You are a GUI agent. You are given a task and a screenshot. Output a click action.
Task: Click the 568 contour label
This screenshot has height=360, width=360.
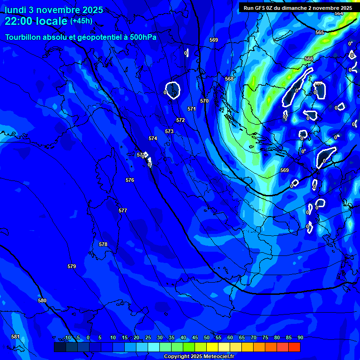(229, 79)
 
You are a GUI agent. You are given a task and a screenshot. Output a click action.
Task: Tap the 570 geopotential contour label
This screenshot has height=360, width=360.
(204, 101)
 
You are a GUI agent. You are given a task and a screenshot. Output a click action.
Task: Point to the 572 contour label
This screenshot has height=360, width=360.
(180, 120)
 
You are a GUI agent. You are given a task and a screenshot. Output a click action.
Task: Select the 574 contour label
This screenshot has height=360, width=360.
(153, 138)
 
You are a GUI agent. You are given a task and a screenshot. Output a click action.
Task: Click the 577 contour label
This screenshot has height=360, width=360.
(123, 210)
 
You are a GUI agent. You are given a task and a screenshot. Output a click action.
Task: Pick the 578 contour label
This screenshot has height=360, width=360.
(103, 244)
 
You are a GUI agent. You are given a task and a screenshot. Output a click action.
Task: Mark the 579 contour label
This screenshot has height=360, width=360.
(72, 266)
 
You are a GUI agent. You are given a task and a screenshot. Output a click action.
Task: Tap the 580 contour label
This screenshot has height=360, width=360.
(42, 300)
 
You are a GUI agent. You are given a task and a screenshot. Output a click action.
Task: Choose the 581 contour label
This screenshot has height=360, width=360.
(15, 337)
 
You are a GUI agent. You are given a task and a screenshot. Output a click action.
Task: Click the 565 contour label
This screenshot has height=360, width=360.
(320, 32)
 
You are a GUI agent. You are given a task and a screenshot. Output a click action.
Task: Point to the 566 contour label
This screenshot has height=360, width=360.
(309, 59)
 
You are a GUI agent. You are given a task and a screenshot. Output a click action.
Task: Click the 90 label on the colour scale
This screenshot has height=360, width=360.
(300, 337)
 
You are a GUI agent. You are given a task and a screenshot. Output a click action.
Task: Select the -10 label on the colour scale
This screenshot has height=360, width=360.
(67, 337)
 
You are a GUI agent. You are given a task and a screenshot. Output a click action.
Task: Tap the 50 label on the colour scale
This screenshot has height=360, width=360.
(206, 337)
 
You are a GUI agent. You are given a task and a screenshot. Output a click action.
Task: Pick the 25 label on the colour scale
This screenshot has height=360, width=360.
(148, 337)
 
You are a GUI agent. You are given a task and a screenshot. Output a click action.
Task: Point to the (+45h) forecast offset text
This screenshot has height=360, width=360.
(81, 21)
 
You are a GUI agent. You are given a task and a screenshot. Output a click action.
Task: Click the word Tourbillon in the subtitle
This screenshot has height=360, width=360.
(23, 37)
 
